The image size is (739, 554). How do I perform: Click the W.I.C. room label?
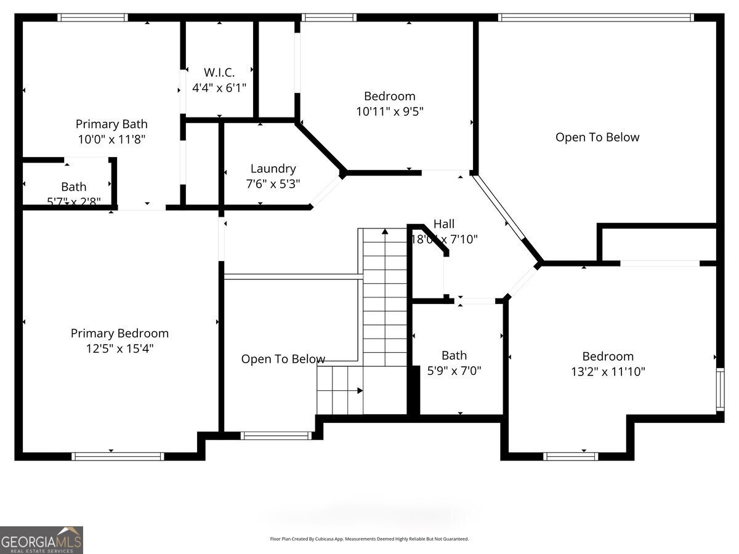click(x=219, y=73)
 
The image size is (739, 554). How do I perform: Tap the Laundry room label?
click(x=273, y=169)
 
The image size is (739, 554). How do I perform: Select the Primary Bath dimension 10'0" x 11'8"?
click(x=111, y=140)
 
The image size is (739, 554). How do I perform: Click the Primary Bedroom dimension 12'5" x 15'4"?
click(x=119, y=348)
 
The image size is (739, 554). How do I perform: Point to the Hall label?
click(x=444, y=224)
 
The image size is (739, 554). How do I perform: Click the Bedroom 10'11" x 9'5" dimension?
click(x=389, y=111)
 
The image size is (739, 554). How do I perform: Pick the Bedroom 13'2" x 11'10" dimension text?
click(x=608, y=372)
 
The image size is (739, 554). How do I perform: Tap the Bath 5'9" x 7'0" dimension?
click(x=454, y=371)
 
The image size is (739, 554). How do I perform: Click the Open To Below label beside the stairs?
click(x=283, y=359)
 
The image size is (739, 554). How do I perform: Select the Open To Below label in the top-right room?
click(x=597, y=137)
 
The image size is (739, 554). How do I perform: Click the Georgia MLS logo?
click(x=41, y=540)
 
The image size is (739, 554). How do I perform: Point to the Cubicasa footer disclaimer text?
click(x=369, y=539)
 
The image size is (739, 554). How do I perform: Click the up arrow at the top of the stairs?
click(x=385, y=233)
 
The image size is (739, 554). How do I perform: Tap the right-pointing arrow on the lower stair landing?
click(x=360, y=390)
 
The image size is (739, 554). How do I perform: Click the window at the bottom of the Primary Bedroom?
click(x=118, y=456)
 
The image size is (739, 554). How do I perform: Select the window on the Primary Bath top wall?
click(x=92, y=17)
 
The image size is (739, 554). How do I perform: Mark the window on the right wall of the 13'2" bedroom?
click(x=719, y=389)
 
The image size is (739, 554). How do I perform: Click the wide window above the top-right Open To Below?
click(x=596, y=17)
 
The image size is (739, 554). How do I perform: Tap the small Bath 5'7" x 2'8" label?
click(x=73, y=187)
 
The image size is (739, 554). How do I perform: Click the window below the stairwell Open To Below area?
click(x=276, y=435)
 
